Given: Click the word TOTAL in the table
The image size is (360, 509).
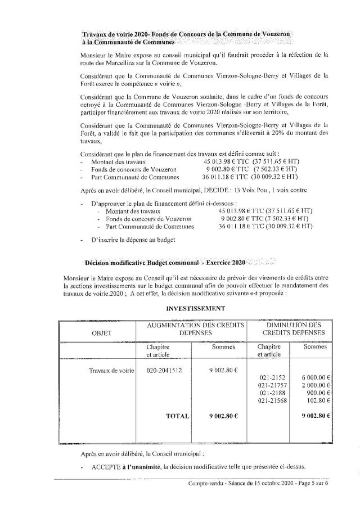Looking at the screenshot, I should pos(178,417).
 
